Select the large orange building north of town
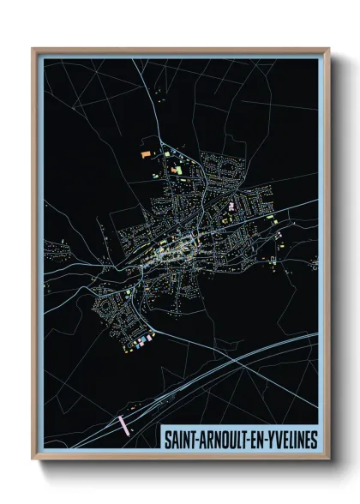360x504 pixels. pyautogui.click(x=145, y=153)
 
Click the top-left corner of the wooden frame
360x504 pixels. pyautogui.click(x=33, y=50)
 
